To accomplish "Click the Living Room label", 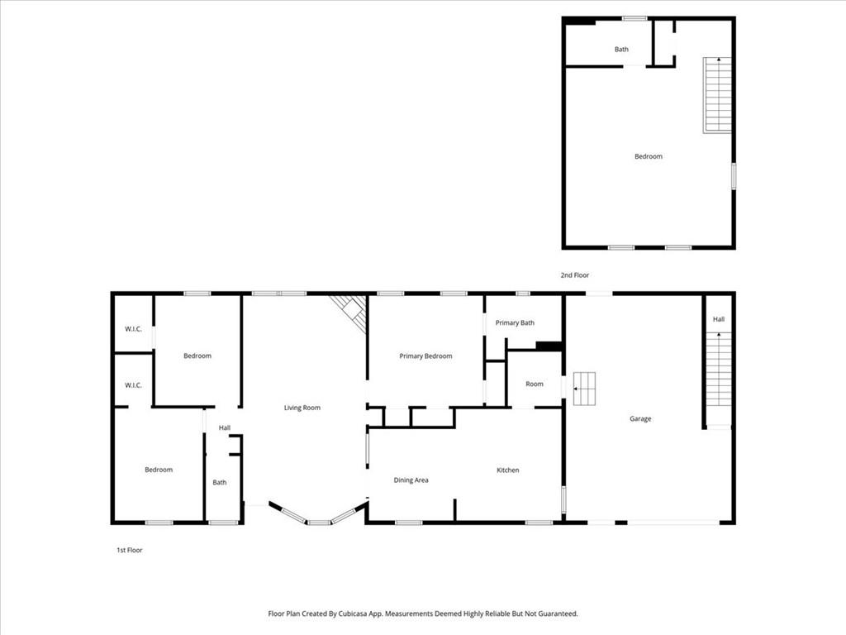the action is click(x=302, y=408).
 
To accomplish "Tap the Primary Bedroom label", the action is click(x=425, y=356).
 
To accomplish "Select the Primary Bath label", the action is click(x=515, y=323).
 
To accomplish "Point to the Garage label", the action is click(x=640, y=418).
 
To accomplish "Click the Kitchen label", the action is click(x=508, y=470).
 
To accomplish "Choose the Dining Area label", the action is click(x=411, y=480).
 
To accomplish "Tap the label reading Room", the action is click(x=535, y=384).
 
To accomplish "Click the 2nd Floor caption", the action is click(x=575, y=275).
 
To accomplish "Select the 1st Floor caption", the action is click(x=130, y=550).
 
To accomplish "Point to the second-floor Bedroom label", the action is click(x=649, y=156).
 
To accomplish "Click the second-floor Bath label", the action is click(x=621, y=49).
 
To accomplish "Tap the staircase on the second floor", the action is click(x=717, y=94).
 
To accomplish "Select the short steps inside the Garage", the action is click(x=584, y=389).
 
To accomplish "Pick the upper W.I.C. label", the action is click(x=133, y=329).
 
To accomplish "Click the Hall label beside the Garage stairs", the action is click(x=719, y=319).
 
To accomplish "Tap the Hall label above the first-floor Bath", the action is click(x=225, y=427).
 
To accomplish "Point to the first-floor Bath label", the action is click(x=220, y=482).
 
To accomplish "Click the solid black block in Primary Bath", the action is click(x=549, y=346).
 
